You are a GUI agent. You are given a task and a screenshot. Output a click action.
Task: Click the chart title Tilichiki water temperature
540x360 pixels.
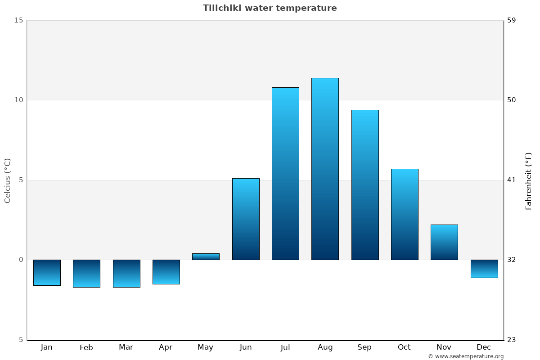(x=270, y=8)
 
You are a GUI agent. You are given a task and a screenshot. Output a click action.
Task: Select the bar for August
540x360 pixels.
(x=325, y=169)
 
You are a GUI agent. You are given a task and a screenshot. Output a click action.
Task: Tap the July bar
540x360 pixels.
(x=285, y=173)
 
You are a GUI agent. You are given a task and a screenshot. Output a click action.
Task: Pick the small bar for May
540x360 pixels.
(x=206, y=256)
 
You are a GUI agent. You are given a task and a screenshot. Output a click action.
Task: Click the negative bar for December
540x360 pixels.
(x=484, y=269)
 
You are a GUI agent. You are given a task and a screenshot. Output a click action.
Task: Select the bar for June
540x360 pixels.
(x=246, y=219)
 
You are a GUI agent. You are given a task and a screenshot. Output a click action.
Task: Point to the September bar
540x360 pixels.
(x=365, y=184)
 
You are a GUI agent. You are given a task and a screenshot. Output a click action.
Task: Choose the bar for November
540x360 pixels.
(x=444, y=242)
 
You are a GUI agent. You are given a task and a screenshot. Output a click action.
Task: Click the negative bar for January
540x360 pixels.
(x=47, y=273)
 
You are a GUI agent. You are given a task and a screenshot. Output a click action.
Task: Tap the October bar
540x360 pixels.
(x=405, y=214)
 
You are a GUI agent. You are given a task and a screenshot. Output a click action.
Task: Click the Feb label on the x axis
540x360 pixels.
(x=86, y=347)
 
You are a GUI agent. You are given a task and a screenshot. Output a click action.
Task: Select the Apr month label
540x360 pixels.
(x=166, y=347)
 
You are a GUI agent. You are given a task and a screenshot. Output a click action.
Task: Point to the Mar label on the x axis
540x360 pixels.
(x=126, y=347)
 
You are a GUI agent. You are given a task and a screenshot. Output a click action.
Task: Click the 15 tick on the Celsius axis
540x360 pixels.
(x=18, y=20)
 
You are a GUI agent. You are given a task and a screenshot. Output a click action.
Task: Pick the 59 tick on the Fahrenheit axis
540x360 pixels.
(x=512, y=20)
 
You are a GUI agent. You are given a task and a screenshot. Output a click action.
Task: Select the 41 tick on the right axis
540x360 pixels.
(x=511, y=180)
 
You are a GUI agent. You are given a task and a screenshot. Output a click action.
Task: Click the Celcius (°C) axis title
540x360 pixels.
(x=7, y=180)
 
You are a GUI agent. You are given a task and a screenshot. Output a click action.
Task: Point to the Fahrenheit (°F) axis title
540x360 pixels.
(x=528, y=181)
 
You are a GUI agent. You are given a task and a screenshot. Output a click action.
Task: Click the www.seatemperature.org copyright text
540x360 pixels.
(x=466, y=356)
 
